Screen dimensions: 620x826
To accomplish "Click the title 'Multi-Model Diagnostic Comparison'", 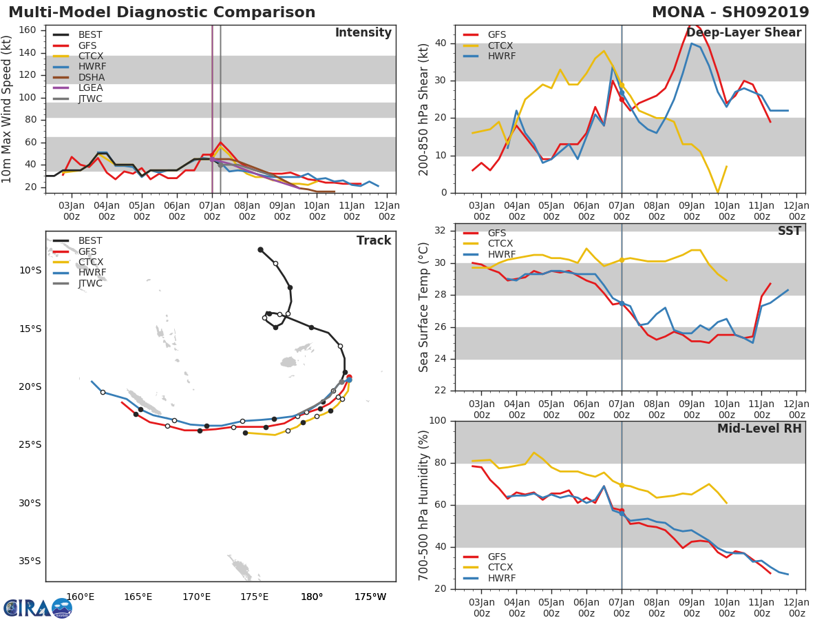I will (162, 12).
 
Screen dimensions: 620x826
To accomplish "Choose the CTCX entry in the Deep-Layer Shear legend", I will (500, 45).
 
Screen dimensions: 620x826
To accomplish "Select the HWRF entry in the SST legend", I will (500, 254).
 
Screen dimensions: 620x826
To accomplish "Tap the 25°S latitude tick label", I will (30, 444).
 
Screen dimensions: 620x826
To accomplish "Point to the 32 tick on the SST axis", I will (441, 231).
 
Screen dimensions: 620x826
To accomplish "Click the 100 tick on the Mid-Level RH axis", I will (438, 421).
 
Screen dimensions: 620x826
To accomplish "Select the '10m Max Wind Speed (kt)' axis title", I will (8, 110).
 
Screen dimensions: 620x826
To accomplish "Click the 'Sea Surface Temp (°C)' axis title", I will (424, 307).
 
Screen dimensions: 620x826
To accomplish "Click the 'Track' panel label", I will (373, 240).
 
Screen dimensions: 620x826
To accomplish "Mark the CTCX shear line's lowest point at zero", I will (717, 192).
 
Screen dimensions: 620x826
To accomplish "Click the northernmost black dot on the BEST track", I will (260, 249).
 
